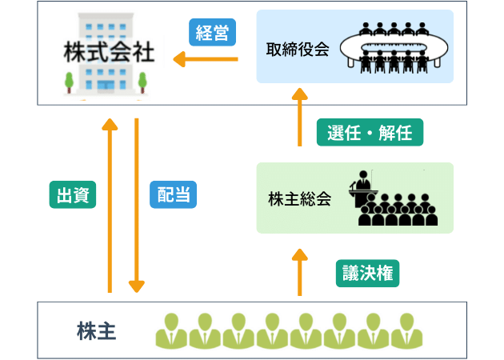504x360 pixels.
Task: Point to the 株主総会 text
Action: pyautogui.click(x=299, y=199)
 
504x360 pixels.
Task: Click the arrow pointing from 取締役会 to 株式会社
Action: pyautogui.click(x=206, y=59)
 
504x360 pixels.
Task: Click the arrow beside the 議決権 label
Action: pyautogui.click(x=300, y=272)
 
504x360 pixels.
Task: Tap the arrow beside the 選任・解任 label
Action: pyautogui.click(x=300, y=117)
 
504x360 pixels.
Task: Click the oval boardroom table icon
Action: pyautogui.click(x=394, y=48)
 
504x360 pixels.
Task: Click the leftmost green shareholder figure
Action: pyautogui.click(x=170, y=329)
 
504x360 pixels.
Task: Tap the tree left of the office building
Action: pyautogui.click(x=70, y=81)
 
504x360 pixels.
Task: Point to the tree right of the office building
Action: pyautogui.click(x=142, y=81)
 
